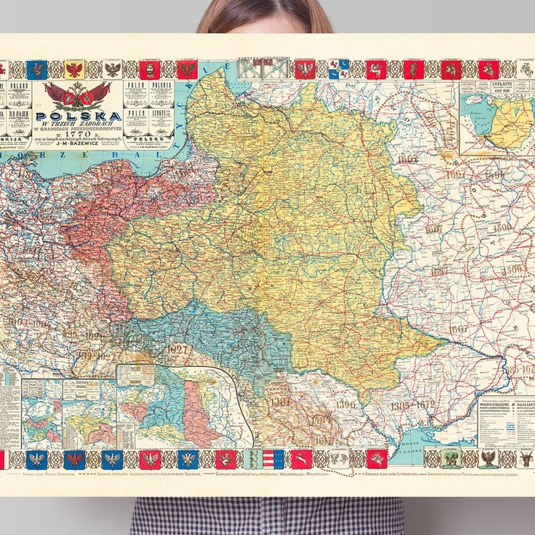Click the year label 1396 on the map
point(345,404)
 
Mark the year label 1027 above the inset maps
point(179,349)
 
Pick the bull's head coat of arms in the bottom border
point(524,458)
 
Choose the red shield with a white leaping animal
point(300,459)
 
